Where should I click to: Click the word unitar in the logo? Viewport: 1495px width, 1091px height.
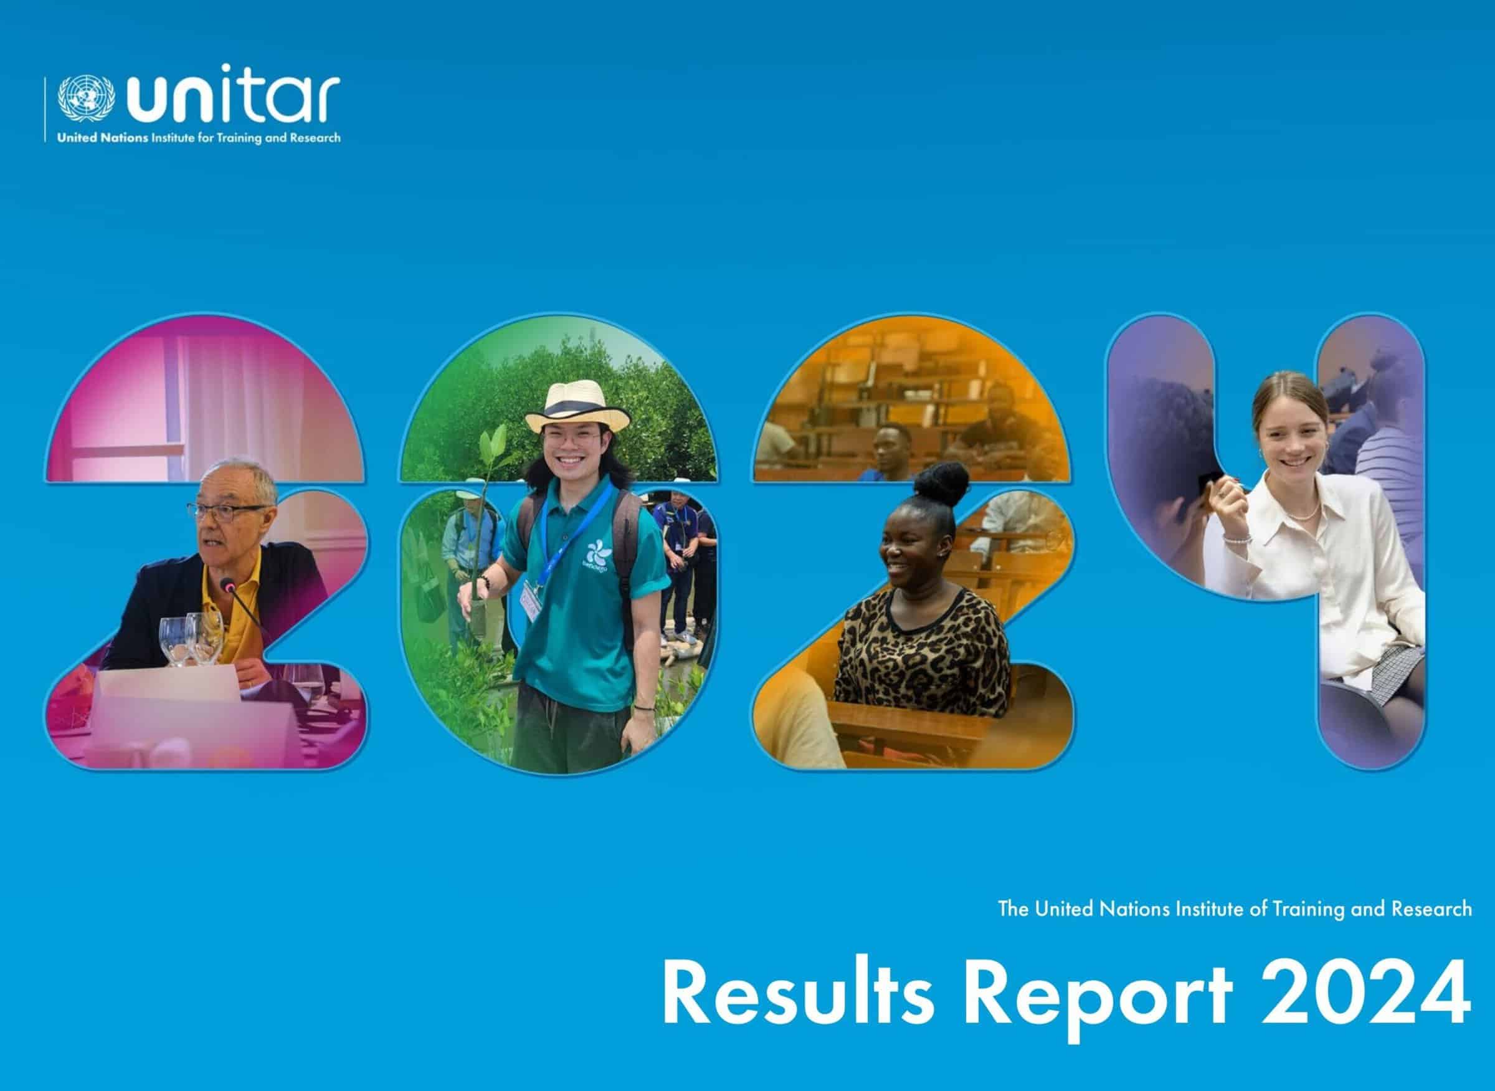point(232,99)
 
